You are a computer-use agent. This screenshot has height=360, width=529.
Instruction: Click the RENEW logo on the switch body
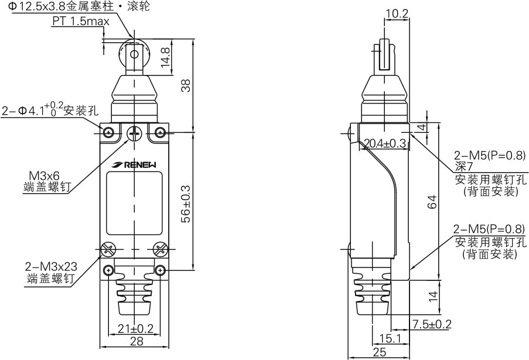coord(135,165)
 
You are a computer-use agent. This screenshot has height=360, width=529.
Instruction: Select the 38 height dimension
coord(186,85)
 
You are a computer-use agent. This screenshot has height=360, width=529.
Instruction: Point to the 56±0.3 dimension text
coord(186,203)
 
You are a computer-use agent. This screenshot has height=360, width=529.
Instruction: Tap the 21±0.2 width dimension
coord(136,328)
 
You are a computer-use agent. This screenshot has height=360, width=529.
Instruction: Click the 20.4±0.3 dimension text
coord(385,143)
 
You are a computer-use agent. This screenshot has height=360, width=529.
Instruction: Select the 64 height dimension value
coord(432,202)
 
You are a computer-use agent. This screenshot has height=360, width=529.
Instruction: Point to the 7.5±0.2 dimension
coord(432,324)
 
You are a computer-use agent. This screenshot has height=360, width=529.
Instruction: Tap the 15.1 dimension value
coord(391,338)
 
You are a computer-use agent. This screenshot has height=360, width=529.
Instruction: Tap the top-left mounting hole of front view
coord(109,133)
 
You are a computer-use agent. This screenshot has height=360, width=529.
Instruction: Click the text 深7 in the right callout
coord(462,167)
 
